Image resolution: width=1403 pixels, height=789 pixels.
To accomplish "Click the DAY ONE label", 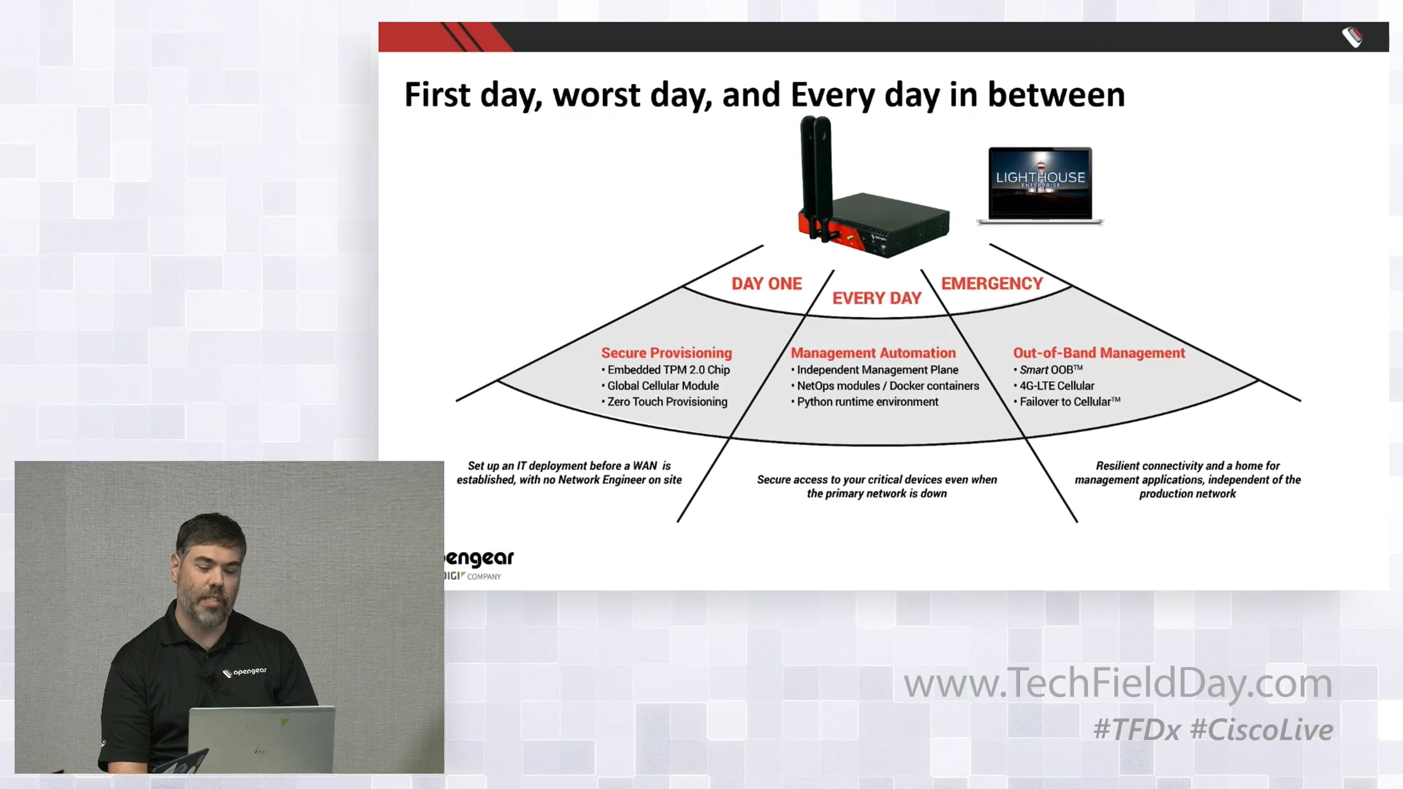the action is pos(766,283).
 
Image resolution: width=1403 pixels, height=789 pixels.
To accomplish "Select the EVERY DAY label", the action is pos(876,298).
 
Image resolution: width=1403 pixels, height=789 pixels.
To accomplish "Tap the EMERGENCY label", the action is pos(991,283).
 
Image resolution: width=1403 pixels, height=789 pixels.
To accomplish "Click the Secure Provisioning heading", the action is pos(666,353).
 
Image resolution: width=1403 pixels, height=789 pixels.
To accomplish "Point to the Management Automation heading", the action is pos(873,353).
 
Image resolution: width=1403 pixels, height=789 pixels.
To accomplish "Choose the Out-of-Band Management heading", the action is pos(1098,353).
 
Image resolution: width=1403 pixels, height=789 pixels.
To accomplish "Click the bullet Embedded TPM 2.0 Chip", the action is pos(666,370).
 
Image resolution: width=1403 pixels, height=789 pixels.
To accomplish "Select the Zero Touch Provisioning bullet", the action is pos(665,402).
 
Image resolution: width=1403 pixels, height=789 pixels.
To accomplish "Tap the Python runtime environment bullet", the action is pos(865,402).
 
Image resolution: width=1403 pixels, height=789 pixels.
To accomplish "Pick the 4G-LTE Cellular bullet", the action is pos(1054,386).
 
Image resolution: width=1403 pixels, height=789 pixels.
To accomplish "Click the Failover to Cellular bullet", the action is pos(1067,402).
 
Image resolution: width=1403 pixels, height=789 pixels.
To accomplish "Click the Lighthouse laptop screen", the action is pos(1040,183).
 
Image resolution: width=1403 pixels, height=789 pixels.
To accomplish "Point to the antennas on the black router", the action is pos(815,175).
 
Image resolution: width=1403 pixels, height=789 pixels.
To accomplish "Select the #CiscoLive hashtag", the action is pos(1262,730).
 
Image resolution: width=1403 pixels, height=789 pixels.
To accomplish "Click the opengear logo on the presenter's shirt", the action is pos(244,672).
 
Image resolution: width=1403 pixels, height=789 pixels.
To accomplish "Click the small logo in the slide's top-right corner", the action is pos(1352,37).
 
